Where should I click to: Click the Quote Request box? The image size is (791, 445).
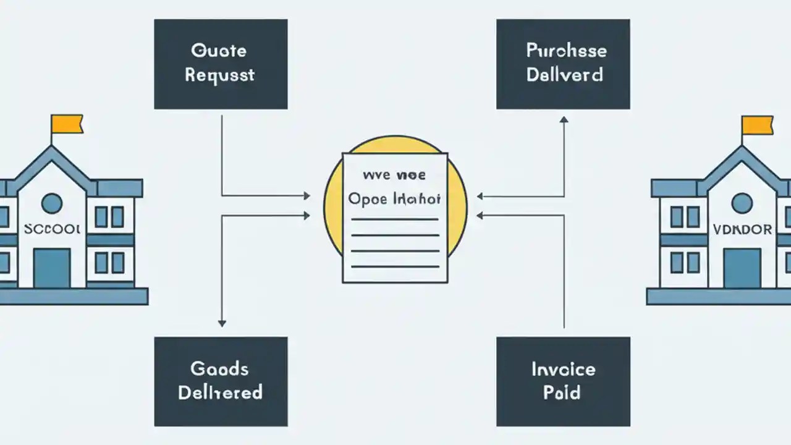tap(221, 64)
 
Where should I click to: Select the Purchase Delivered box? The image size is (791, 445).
tap(563, 64)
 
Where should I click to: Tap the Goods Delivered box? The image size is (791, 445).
tap(221, 381)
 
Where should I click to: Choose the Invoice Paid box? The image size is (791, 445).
tap(563, 381)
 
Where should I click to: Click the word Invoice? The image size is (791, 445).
tap(563, 370)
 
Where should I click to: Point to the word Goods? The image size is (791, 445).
tap(219, 369)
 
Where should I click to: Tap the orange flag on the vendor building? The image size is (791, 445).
tap(757, 125)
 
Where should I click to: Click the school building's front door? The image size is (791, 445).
tap(52, 268)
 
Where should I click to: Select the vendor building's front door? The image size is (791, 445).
tap(742, 268)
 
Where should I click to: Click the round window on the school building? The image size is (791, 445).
tap(51, 203)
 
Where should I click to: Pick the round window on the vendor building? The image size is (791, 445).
tap(742, 203)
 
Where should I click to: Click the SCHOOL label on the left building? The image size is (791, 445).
tap(52, 229)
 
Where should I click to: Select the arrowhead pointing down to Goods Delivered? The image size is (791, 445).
tap(222, 323)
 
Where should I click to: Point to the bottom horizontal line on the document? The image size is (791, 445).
tap(395, 267)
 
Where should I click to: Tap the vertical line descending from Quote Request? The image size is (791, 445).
tap(222, 155)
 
